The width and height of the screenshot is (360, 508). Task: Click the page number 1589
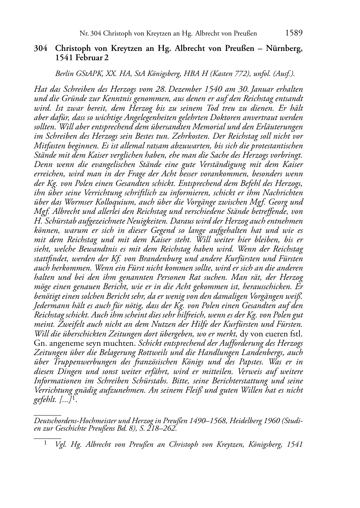click(x=294, y=33)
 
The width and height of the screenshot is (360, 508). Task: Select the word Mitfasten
click(x=48, y=146)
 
